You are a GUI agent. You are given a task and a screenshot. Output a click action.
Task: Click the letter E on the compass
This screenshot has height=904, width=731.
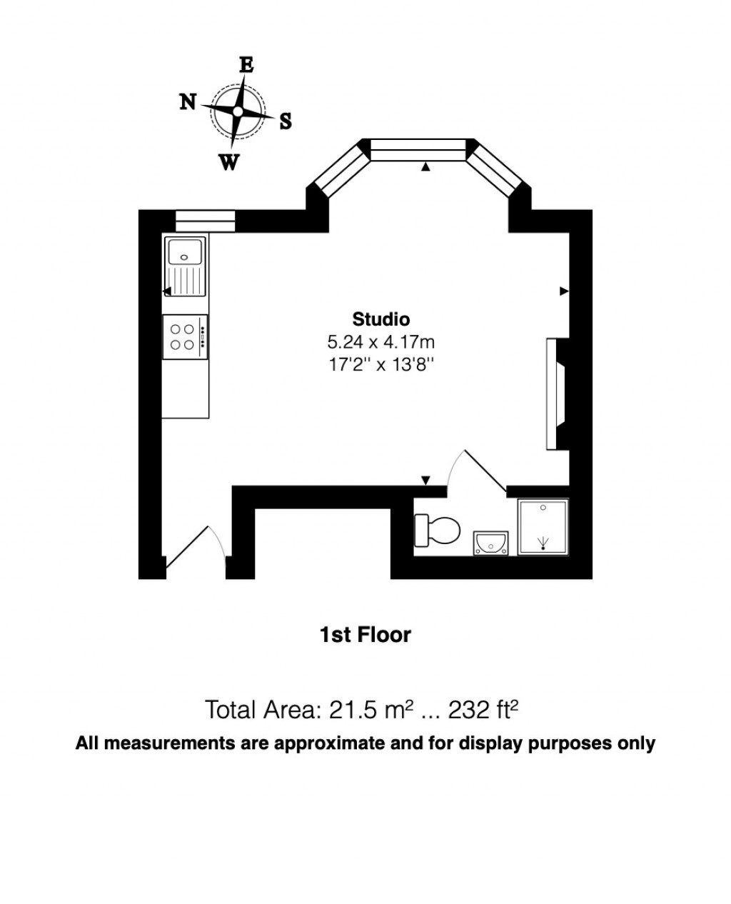[x=246, y=65]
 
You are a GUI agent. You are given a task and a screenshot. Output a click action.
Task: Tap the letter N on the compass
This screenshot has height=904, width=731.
[x=188, y=102]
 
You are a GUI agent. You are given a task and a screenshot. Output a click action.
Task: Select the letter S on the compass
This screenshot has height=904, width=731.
[x=286, y=121]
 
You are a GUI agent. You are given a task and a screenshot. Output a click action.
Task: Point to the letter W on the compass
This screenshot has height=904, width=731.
[x=228, y=163]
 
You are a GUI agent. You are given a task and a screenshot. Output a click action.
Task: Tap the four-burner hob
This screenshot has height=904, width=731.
[x=185, y=337]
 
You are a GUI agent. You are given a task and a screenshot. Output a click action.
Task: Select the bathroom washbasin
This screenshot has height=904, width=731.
[x=490, y=543]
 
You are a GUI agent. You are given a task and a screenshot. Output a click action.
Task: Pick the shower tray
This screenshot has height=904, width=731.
[x=543, y=527]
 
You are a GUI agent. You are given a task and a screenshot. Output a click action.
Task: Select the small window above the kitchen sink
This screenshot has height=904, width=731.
[x=205, y=221]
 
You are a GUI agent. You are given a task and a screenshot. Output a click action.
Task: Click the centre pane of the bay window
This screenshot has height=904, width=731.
[x=418, y=150]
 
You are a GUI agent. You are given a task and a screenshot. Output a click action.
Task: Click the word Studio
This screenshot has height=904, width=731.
[x=381, y=318]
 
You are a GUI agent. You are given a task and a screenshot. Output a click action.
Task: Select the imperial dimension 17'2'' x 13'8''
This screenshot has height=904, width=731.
[x=381, y=364]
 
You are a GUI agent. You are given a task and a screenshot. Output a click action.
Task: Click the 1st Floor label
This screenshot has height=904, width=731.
[x=365, y=634]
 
